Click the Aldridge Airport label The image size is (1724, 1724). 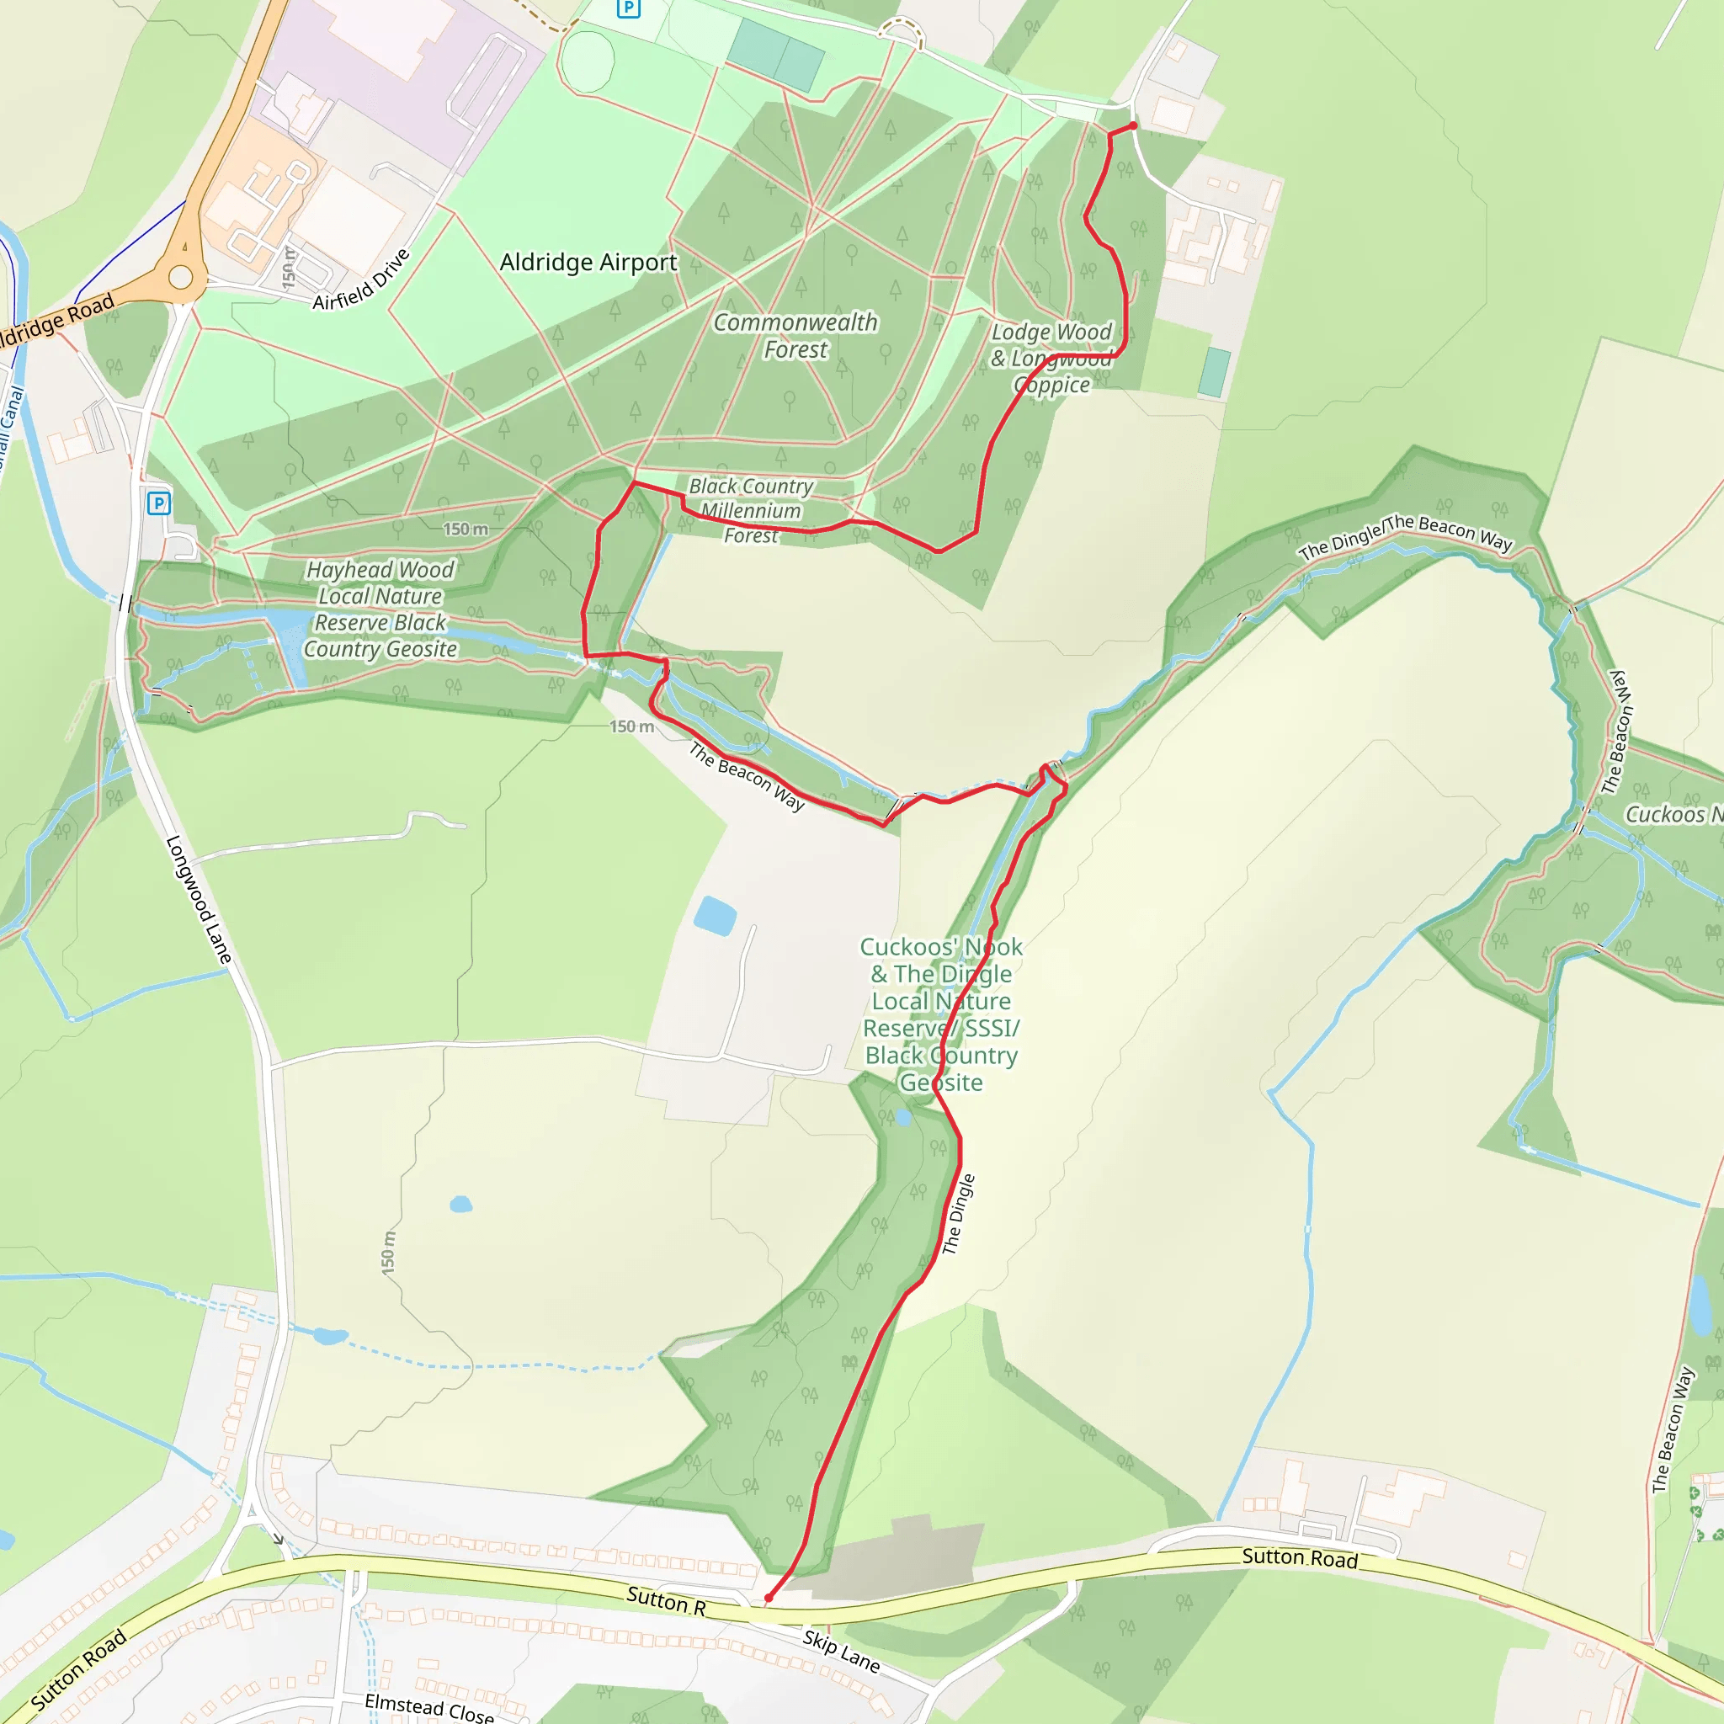click(588, 263)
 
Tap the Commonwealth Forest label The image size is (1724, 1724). click(795, 336)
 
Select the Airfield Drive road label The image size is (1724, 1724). click(361, 279)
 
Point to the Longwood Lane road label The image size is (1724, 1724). click(200, 900)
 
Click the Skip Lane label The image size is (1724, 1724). click(841, 1652)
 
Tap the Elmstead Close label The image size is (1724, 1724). click(429, 1708)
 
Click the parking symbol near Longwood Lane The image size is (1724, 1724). click(159, 503)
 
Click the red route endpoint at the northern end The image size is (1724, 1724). click(1133, 125)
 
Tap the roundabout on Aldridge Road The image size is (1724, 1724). click(181, 277)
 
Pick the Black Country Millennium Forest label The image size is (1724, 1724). click(750, 510)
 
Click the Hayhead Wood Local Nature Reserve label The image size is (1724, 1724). click(381, 609)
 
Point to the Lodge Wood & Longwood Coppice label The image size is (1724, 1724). click(1051, 358)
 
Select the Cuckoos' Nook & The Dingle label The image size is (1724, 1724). click(941, 1014)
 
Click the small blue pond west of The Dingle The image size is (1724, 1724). click(715, 916)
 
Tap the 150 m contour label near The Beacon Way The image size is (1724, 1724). click(632, 726)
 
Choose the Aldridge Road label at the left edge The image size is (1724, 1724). click(54, 323)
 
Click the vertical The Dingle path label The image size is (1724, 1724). click(958, 1215)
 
